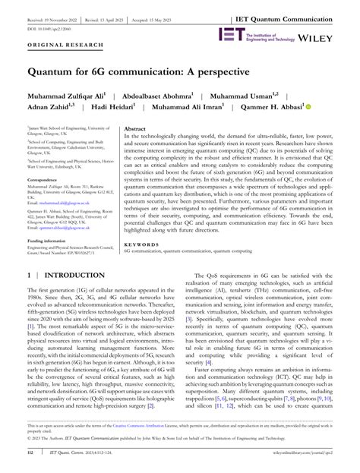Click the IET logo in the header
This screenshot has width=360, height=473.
(230, 34)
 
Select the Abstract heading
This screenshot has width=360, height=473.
(134, 130)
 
